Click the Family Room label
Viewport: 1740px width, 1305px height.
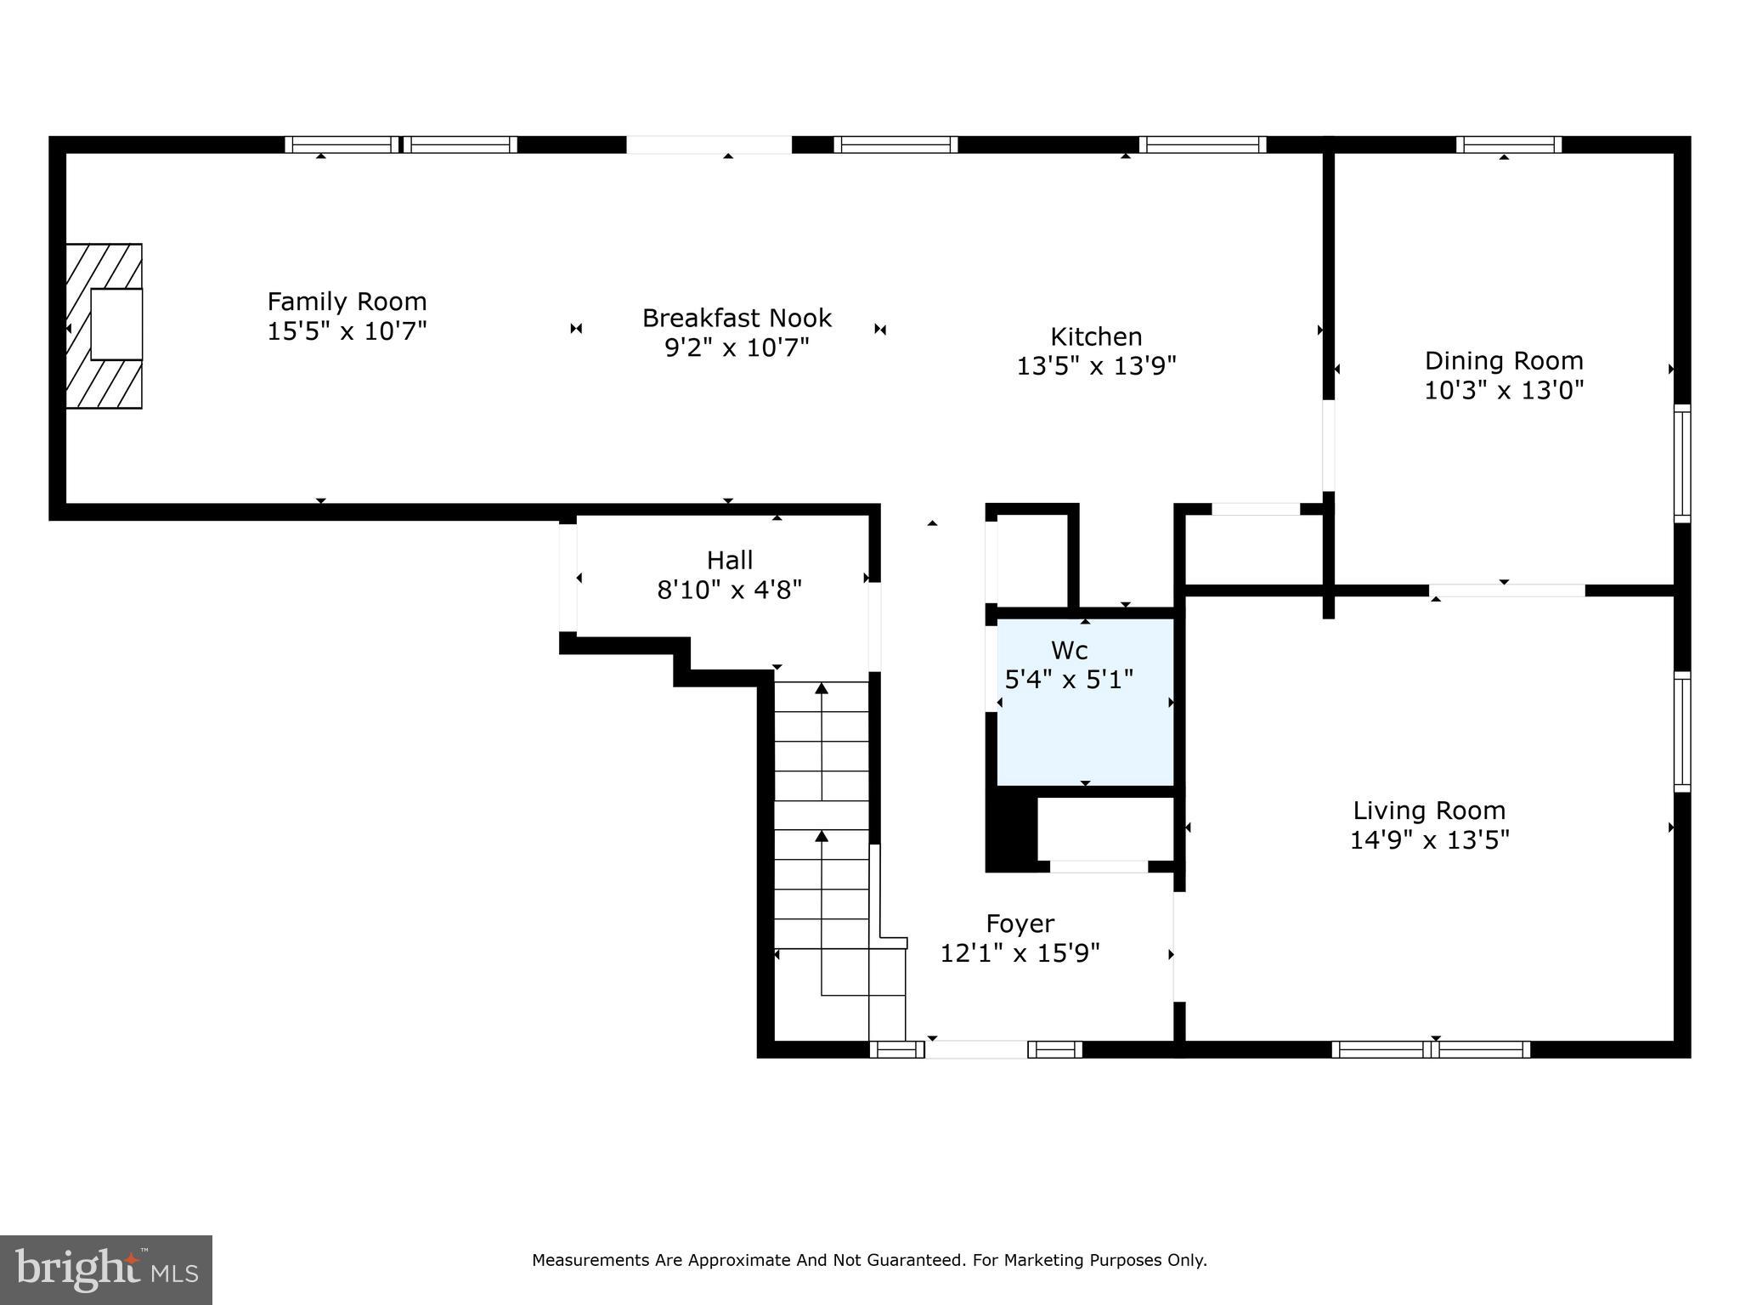pos(347,302)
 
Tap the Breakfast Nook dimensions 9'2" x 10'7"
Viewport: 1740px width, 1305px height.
pos(737,347)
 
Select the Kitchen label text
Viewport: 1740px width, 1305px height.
pos(1096,336)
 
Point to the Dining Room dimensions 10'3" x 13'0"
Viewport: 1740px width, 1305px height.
pos(1504,390)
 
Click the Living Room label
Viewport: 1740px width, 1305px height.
pos(1429,811)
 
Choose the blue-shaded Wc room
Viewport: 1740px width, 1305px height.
pos(1085,702)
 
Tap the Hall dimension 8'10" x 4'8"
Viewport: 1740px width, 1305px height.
pos(730,590)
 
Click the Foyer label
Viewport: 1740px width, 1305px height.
pos(1020,924)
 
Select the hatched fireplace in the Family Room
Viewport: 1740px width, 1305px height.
pos(105,326)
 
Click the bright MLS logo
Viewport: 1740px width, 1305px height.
pos(106,1270)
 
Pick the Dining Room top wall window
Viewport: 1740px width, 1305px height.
pos(1509,144)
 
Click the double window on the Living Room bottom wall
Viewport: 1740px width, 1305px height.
pos(1431,1049)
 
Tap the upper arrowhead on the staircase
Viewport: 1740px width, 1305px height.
pos(822,688)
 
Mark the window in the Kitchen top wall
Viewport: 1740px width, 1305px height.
pos(1202,144)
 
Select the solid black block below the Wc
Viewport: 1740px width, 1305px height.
pos(1011,828)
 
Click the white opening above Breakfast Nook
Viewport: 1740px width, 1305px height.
pos(709,144)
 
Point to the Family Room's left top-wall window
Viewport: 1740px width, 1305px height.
pos(342,144)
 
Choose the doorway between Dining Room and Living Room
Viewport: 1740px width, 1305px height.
pos(1507,590)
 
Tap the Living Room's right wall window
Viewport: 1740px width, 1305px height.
pos(1682,732)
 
